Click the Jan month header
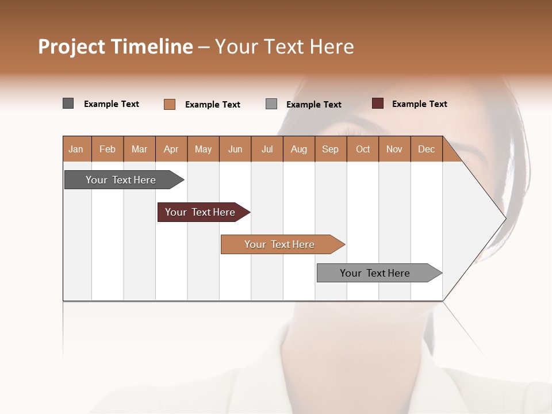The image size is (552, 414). (x=76, y=149)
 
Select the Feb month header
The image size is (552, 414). (x=108, y=149)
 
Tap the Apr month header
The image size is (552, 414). (x=171, y=149)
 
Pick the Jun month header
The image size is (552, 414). (x=235, y=149)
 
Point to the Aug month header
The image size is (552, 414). (x=298, y=149)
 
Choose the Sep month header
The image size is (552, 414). (x=330, y=149)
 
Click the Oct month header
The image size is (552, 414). (x=363, y=149)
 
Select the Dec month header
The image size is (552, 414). (x=426, y=149)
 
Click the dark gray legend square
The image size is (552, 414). (x=68, y=103)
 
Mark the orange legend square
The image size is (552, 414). (x=170, y=104)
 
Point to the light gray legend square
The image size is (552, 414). (x=271, y=103)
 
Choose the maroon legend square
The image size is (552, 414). (x=378, y=103)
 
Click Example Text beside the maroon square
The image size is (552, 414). (x=419, y=104)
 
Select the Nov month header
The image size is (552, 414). (x=394, y=149)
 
